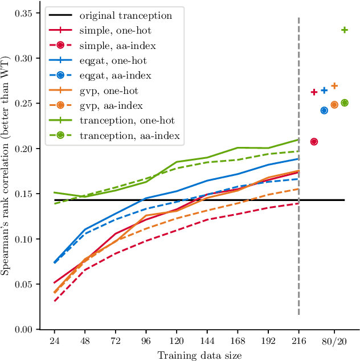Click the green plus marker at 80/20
(x=345, y=30)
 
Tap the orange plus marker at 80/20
(x=334, y=86)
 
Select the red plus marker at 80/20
(x=314, y=92)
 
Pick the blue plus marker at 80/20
(x=324, y=90)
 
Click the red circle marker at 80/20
(x=314, y=141)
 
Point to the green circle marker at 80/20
(x=345, y=103)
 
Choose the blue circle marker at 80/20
(x=324, y=110)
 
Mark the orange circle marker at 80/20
(x=334, y=105)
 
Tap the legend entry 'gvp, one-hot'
(x=109, y=90)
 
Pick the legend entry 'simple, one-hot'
(x=114, y=30)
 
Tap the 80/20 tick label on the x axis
(x=334, y=341)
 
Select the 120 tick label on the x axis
(x=177, y=341)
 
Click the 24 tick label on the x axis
(x=54, y=341)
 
